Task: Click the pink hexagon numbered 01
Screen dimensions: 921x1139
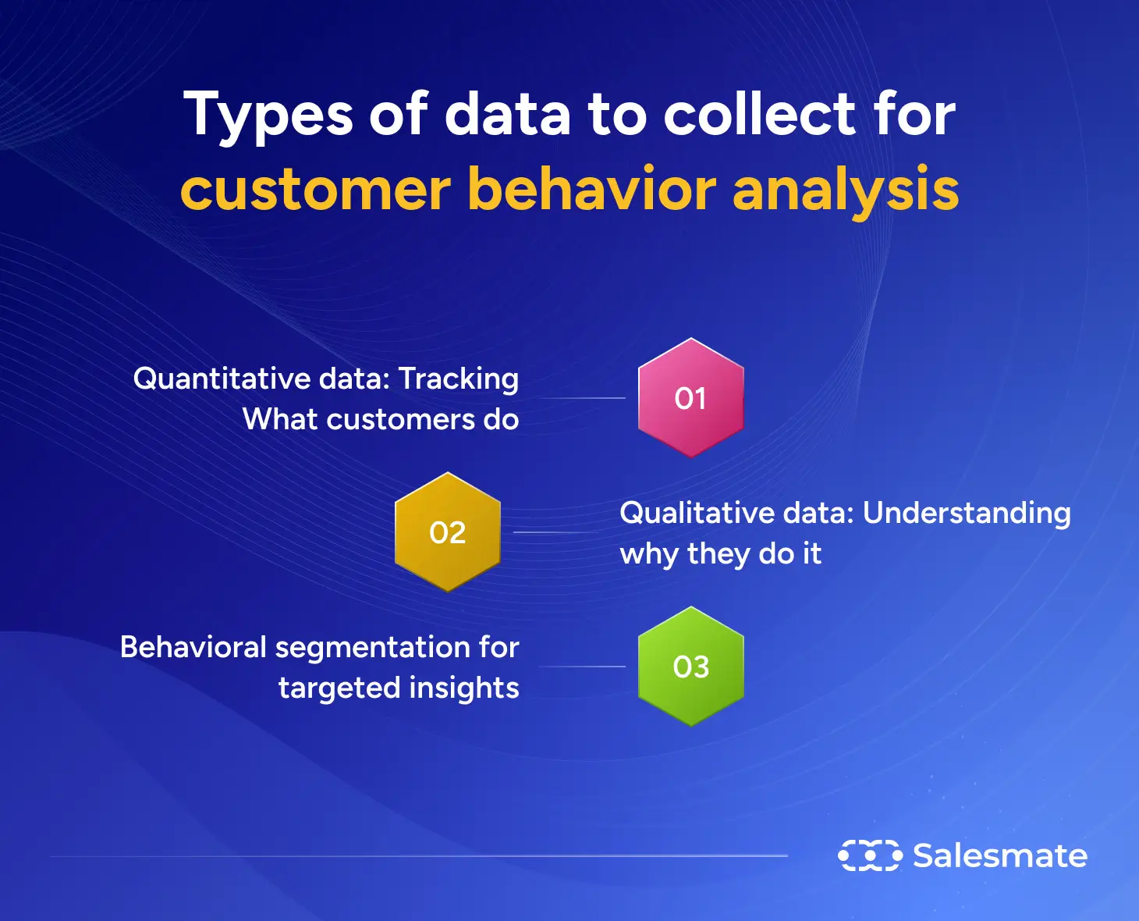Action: pyautogui.click(x=690, y=398)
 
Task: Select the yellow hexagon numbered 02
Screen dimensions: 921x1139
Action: pyautogui.click(x=447, y=532)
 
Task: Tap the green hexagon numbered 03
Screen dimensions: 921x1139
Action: pyautogui.click(x=690, y=667)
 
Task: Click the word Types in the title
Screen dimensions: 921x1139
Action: pyautogui.click(x=268, y=116)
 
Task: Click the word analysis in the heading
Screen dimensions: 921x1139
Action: pyautogui.click(x=846, y=190)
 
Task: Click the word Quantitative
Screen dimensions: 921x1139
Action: pyautogui.click(x=222, y=379)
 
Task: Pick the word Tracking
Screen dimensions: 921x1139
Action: pyautogui.click(x=459, y=379)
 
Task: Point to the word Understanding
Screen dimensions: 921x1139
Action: pyautogui.click(x=967, y=514)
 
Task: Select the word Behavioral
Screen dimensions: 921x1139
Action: pyautogui.click(x=193, y=647)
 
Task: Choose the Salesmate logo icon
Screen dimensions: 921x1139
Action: pyautogui.click(x=870, y=855)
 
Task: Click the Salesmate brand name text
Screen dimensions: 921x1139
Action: pyautogui.click(x=1000, y=855)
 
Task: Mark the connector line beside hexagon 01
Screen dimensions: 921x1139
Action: pyautogui.click(x=581, y=398)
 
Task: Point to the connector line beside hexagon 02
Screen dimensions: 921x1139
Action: pyautogui.click(x=555, y=532)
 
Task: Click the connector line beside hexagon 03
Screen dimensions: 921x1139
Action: pyautogui.click(x=581, y=667)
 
